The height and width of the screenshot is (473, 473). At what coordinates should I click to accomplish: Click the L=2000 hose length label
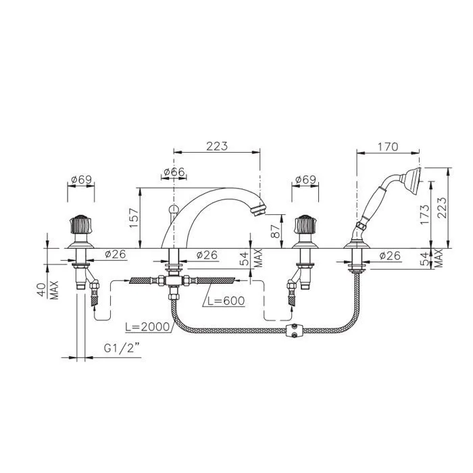(147, 326)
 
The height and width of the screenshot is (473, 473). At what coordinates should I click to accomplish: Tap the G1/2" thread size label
(122, 349)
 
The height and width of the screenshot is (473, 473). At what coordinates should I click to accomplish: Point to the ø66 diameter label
(174, 172)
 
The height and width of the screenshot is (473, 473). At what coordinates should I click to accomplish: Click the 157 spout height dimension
(134, 218)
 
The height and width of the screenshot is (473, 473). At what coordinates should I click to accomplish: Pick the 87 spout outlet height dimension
(276, 230)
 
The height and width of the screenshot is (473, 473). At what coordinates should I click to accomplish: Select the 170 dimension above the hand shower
(388, 147)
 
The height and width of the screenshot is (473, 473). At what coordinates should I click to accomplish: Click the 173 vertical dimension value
(424, 214)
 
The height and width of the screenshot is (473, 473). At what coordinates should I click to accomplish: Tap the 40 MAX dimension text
(48, 290)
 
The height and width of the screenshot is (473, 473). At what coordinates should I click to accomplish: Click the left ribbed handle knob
(80, 224)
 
